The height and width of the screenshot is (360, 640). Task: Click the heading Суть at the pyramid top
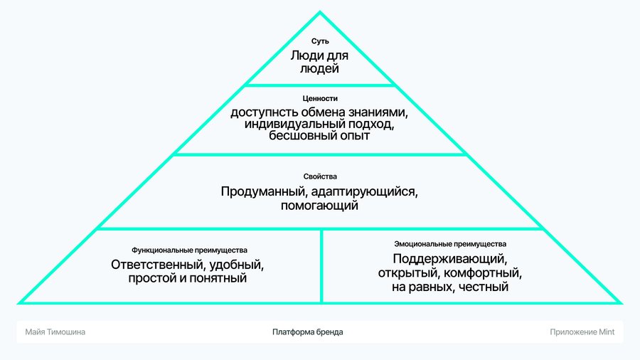coord(320,41)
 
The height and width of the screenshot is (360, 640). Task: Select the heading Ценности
coord(320,98)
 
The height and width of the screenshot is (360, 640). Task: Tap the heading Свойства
coord(320,176)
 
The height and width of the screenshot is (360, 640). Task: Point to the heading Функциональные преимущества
coord(189,250)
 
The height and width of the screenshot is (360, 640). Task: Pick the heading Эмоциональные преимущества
coord(450,244)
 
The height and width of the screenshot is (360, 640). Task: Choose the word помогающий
coord(319,205)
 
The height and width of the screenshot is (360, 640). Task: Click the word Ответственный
coord(159,265)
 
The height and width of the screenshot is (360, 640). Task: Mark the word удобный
coord(237,265)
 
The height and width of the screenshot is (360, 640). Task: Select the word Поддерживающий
coord(450,259)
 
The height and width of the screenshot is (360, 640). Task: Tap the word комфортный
coord(483,272)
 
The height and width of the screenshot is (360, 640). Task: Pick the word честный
coord(484,287)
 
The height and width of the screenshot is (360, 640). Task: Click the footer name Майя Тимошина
coord(55,332)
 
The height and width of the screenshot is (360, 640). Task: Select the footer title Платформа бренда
coord(308,332)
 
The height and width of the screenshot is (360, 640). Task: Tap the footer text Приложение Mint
coord(582,332)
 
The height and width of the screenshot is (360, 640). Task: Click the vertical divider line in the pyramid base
coord(321,266)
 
